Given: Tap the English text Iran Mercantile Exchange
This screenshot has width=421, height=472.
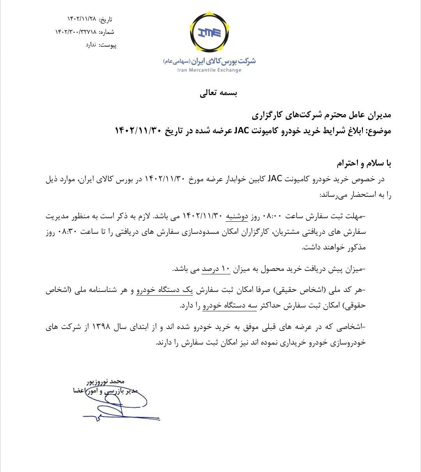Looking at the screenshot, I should (209, 70).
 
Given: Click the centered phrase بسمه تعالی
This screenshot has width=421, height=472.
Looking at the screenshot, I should (218, 94).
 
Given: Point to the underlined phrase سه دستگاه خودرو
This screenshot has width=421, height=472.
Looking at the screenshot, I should (230, 306).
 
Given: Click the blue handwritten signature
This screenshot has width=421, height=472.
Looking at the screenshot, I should (117, 405).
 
